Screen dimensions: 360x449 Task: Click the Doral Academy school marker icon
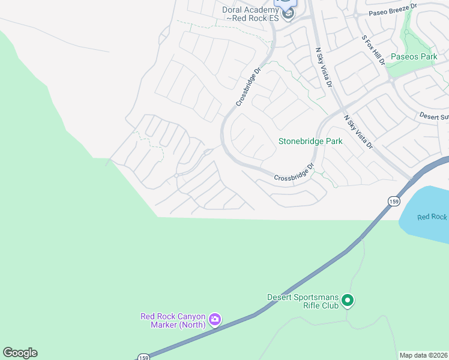click(288, 13)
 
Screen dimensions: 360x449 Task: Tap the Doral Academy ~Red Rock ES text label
click(252, 14)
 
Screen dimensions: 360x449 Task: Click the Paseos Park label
click(414, 56)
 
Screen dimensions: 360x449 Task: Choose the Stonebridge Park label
click(310, 142)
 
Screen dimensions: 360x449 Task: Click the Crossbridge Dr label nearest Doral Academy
click(249, 87)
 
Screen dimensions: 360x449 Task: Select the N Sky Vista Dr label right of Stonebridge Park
click(358, 133)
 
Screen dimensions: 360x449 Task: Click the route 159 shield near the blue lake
click(393, 202)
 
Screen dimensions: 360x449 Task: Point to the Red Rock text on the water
click(432, 217)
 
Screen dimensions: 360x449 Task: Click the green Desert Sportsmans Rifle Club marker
click(348, 301)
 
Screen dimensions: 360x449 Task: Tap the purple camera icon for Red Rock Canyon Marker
click(215, 320)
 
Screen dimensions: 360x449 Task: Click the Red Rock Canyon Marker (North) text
click(173, 320)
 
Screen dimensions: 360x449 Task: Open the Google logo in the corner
click(20, 353)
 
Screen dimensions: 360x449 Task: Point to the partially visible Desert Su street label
click(433, 116)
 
